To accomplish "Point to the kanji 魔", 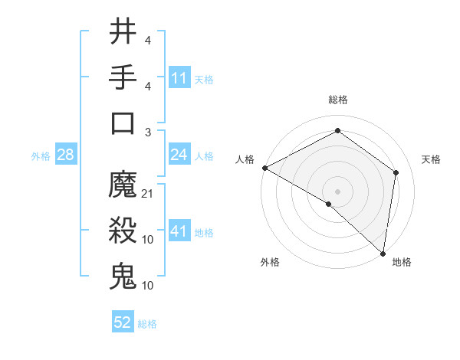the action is (123, 185).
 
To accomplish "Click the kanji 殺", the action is (123, 231).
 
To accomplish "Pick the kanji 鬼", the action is (123, 277).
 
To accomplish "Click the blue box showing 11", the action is (179, 77).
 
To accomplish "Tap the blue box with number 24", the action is (179, 155).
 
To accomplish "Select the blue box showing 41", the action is (179, 231).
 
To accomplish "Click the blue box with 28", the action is (66, 155).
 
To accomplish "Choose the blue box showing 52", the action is (123, 322).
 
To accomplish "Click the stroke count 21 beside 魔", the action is (148, 193).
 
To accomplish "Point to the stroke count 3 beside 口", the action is (147, 132).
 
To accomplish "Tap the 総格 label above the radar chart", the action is (337, 100).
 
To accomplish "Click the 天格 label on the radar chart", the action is (432, 159).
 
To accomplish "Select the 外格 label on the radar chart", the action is (269, 262).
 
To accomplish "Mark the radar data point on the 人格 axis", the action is (264, 168).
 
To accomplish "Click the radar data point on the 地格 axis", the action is (383, 253).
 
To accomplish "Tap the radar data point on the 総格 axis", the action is (337, 130).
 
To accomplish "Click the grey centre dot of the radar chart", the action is (337, 191).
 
